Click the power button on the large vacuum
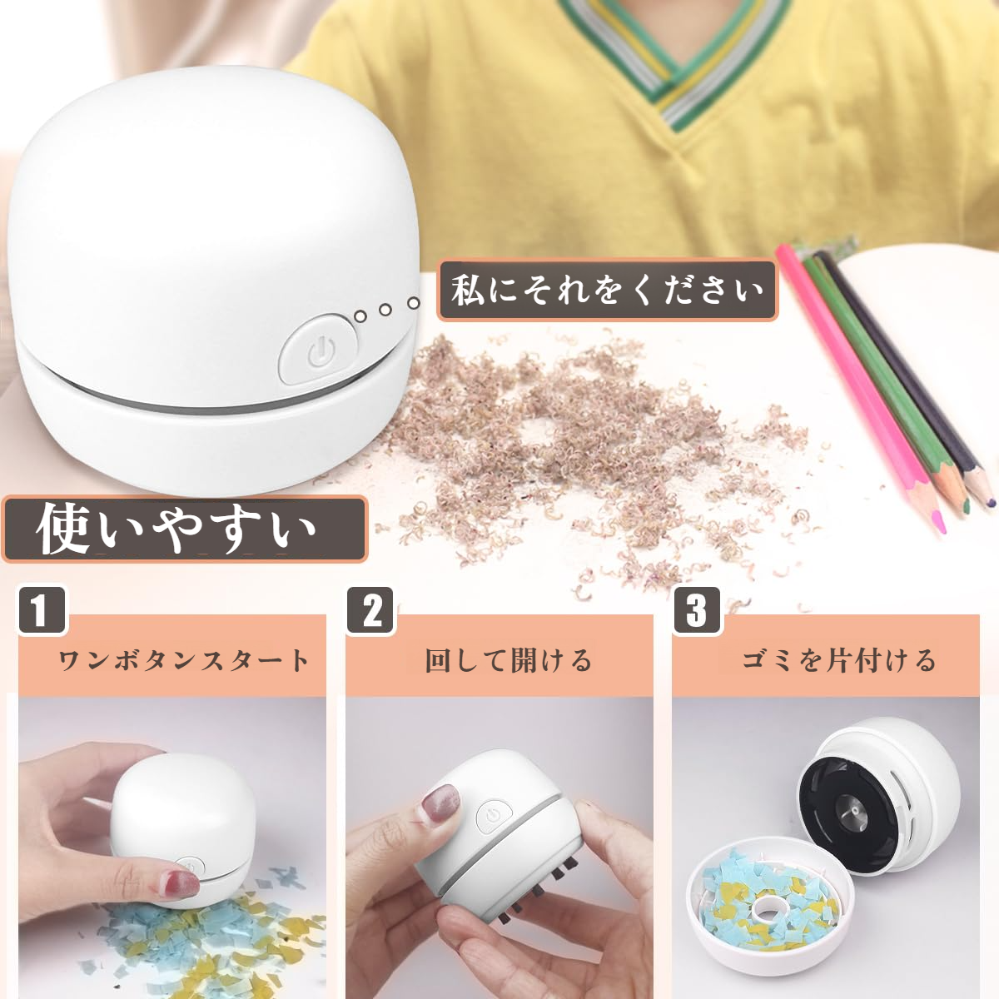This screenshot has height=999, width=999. tap(317, 349)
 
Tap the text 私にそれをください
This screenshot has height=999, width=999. tap(608, 291)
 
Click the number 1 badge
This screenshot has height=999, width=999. tap(40, 609)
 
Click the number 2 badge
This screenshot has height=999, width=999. tap(371, 611)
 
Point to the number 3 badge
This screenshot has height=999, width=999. tap(696, 611)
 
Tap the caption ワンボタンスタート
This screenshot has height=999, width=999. tap(183, 660)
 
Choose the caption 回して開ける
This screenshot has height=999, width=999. tap(508, 660)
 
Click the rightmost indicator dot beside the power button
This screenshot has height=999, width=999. tap(413, 304)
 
